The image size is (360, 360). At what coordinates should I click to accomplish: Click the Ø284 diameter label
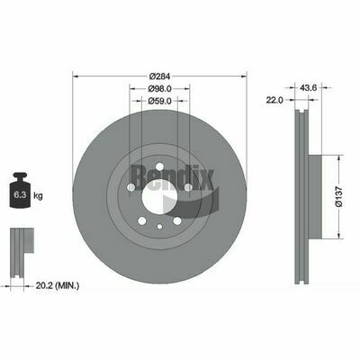coord(159,76)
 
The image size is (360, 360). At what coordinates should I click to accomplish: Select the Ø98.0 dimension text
coord(159,89)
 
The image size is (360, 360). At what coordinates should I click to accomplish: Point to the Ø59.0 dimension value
coord(159,101)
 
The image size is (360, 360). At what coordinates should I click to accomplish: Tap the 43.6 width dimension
coord(308,87)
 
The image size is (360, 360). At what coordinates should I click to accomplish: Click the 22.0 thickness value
coord(274,100)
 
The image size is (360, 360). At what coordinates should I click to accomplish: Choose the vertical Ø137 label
coord(338,196)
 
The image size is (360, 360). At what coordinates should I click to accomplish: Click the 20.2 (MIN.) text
coord(58,285)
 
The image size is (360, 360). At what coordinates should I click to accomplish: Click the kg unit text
coord(39,196)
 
